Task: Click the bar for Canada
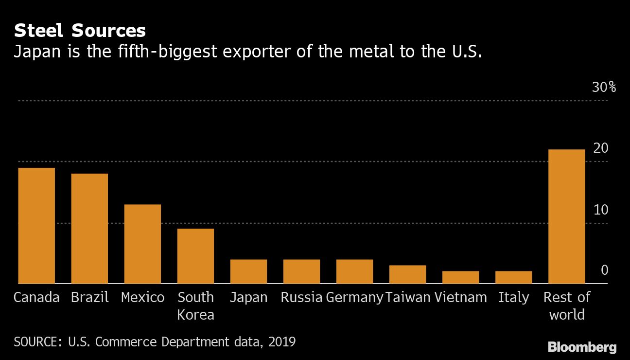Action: [x=36, y=226]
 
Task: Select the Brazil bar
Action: [x=89, y=229]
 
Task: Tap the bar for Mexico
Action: [x=142, y=244]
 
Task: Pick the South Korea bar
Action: [x=195, y=256]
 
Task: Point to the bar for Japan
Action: [x=248, y=271]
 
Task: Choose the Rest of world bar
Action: [x=566, y=216]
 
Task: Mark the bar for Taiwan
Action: [x=407, y=274]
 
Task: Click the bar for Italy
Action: [x=513, y=277]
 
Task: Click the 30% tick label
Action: [x=604, y=88]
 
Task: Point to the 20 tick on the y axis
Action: [x=601, y=148]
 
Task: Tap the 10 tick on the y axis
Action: [x=601, y=210]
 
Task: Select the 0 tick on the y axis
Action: [x=604, y=270]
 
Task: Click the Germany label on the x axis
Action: [x=354, y=297]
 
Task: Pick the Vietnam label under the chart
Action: [x=460, y=297]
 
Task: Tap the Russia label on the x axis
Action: [x=301, y=297]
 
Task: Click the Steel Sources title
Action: [x=80, y=31]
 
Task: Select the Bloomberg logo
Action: [x=582, y=347]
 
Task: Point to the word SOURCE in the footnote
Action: [x=35, y=342]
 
